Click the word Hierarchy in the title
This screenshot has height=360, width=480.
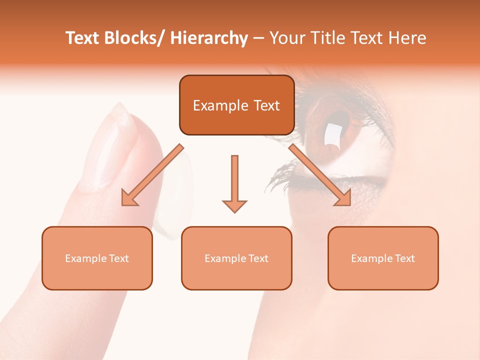209,38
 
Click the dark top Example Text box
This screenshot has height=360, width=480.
236,105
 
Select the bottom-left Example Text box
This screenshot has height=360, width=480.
97,258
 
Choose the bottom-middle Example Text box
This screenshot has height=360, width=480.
236,258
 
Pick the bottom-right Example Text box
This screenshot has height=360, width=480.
383,258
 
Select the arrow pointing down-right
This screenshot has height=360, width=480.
320,175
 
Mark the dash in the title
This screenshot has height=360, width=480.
258,38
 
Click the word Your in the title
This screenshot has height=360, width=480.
285,38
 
